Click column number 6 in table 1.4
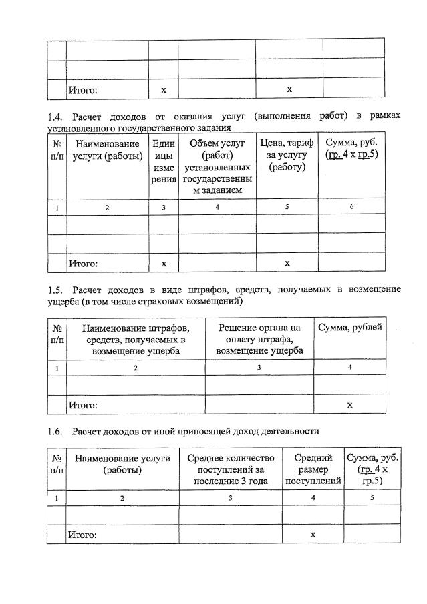tap(352, 208)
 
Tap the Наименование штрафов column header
tap(135, 338)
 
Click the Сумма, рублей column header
tap(350, 328)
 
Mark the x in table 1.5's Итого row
tap(349, 404)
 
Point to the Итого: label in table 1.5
tap(82, 405)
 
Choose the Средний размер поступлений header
tap(313, 469)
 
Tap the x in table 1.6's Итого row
tap(313, 535)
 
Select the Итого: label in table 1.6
tap(82, 535)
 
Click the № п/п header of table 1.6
tap(57, 464)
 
